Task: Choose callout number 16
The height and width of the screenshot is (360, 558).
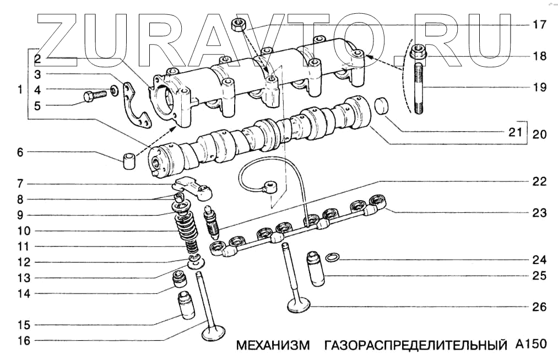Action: [23, 341]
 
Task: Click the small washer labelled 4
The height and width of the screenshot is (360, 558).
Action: [113, 89]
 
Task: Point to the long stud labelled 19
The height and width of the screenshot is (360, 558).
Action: [419, 88]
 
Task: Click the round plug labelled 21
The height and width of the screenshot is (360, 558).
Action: [381, 106]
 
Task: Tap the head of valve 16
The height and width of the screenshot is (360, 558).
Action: [213, 334]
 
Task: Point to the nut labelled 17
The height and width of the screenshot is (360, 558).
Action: [240, 24]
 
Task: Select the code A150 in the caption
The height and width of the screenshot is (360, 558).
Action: [531, 345]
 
